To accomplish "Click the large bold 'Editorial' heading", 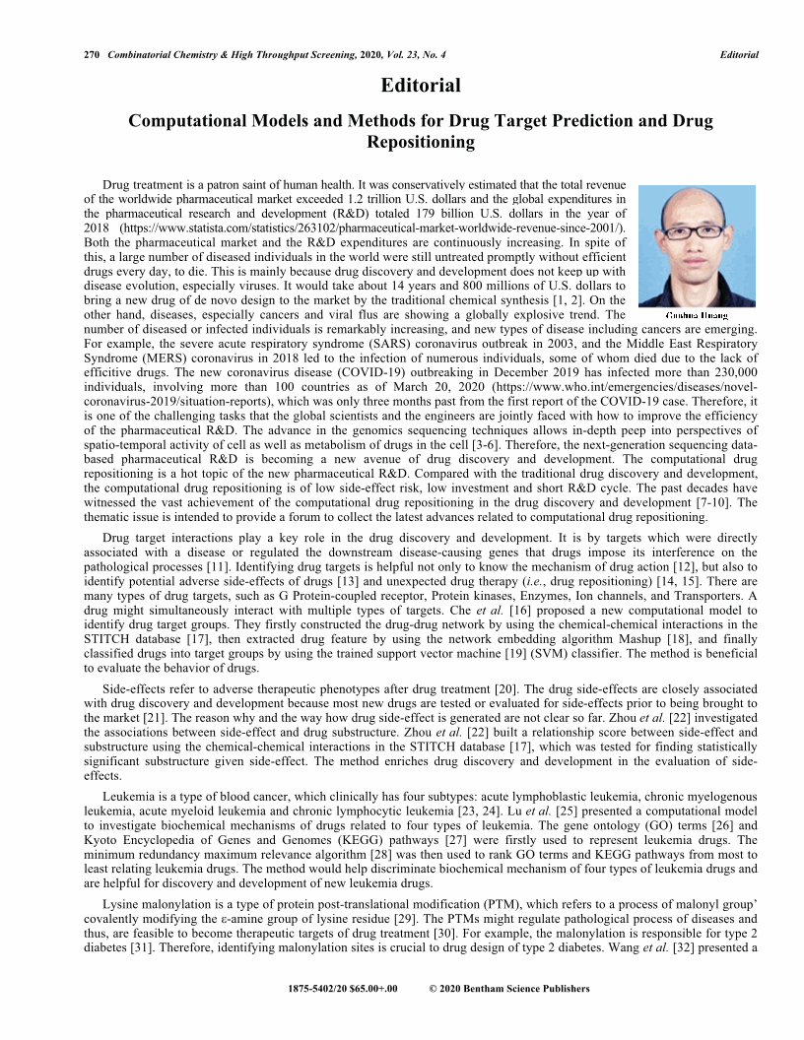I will click(x=421, y=86).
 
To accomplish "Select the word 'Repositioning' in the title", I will click(x=421, y=142).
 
